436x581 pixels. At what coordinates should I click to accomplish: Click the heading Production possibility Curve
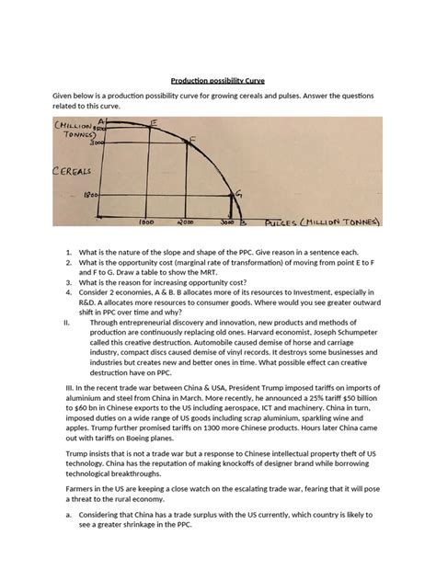217,78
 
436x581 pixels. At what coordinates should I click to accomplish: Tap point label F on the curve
191,140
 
